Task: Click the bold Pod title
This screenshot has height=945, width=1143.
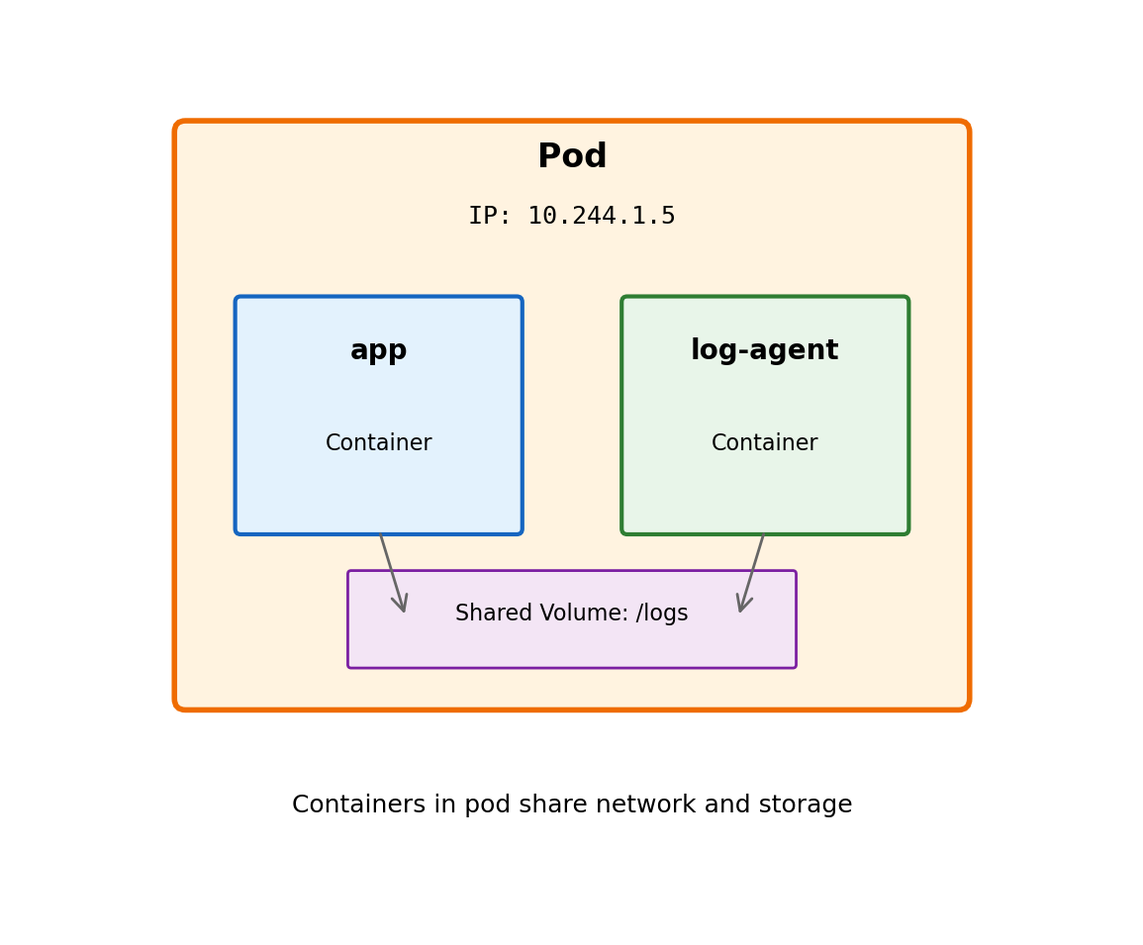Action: tap(572, 157)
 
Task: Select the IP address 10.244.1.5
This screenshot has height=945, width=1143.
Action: tap(601, 217)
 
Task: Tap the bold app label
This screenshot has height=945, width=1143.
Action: tap(379, 351)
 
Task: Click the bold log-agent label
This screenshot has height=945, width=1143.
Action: tap(764, 351)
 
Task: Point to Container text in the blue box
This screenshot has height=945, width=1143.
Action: tap(379, 443)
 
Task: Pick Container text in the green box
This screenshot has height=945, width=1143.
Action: tap(764, 443)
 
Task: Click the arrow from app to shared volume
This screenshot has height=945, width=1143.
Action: tap(391, 569)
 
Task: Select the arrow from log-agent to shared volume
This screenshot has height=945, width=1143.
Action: tap(752, 569)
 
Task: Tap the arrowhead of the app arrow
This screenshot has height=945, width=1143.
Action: tap(402, 605)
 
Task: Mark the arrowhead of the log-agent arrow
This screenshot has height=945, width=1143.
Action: tap(742, 605)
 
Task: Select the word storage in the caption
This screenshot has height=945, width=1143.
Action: tap(809, 805)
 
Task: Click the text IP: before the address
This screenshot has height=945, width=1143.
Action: tap(490, 217)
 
